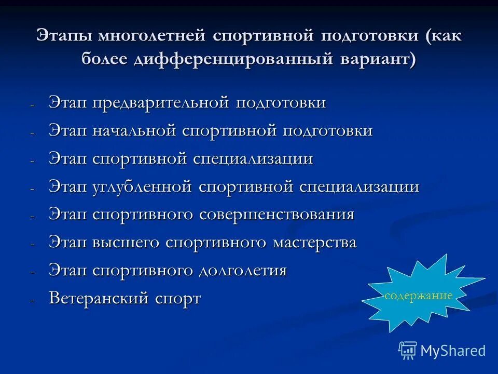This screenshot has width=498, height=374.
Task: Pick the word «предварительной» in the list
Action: click(162, 103)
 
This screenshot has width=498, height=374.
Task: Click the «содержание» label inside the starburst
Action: click(418, 296)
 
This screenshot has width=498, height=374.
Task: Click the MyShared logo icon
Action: click(408, 351)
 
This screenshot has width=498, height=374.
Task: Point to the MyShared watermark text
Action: click(453, 351)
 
